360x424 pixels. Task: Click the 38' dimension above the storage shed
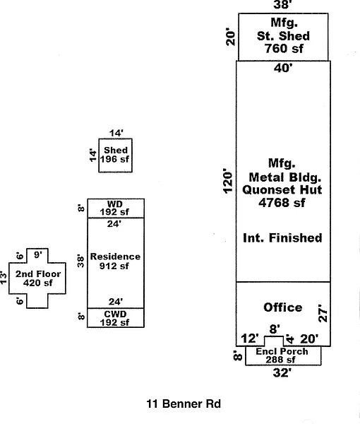(x=282, y=5)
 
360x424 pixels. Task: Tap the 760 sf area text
(x=284, y=49)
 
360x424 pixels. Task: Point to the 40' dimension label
(x=283, y=68)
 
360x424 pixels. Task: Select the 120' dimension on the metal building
(x=228, y=181)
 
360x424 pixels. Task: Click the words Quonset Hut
(x=282, y=189)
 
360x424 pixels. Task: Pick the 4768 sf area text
(x=282, y=203)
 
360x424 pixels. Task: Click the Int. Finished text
(x=282, y=238)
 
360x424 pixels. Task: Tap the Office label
(x=283, y=307)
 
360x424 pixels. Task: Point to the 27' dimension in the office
(x=323, y=313)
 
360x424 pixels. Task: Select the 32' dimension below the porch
(x=282, y=373)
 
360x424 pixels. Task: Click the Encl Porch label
(x=282, y=351)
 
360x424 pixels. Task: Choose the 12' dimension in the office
(x=250, y=338)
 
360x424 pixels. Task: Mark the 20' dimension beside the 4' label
(x=309, y=338)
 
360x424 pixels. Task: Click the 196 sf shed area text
(x=115, y=159)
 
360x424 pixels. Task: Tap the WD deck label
(x=115, y=204)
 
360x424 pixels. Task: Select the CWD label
(x=115, y=314)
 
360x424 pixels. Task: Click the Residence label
(x=115, y=257)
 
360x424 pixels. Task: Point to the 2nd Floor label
(x=38, y=274)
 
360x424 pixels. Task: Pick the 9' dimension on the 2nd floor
(x=38, y=254)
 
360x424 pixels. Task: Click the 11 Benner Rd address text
(x=184, y=404)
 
